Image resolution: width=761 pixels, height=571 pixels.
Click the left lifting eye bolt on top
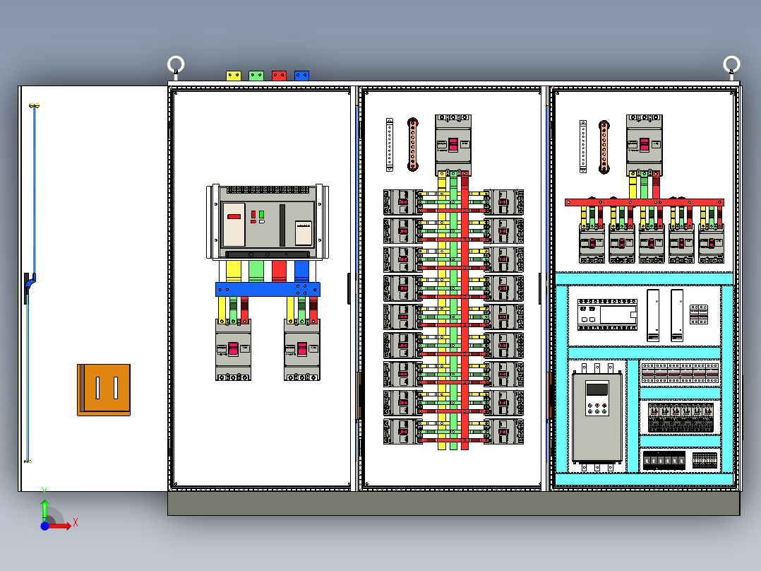pyautogui.click(x=176, y=66)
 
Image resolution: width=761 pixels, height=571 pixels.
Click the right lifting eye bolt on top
pyautogui.click(x=732, y=66)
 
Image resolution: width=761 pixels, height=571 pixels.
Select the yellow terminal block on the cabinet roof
pyautogui.click(x=234, y=75)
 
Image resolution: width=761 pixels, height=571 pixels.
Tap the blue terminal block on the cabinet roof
pyautogui.click(x=301, y=75)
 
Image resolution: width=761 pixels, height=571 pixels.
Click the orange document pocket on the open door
pyautogui.click(x=104, y=389)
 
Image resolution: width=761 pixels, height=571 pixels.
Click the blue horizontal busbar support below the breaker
pyautogui.click(x=268, y=289)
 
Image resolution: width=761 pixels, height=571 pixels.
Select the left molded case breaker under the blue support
pyautogui.click(x=233, y=349)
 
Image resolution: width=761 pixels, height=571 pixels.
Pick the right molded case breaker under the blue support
pyautogui.click(x=301, y=349)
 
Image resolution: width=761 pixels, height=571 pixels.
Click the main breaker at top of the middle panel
pyautogui.click(x=453, y=144)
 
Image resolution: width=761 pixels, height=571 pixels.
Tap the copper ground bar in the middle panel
pyautogui.click(x=413, y=144)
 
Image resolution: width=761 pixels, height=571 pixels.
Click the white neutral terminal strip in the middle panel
pyautogui.click(x=390, y=144)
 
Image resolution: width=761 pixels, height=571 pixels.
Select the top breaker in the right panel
pyautogui.click(x=644, y=144)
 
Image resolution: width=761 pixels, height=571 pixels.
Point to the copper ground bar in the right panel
pyautogui.click(x=604, y=146)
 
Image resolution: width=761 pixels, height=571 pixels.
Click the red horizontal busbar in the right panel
pyautogui.click(x=644, y=202)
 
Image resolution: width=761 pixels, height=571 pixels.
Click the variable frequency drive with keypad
pyautogui.click(x=597, y=417)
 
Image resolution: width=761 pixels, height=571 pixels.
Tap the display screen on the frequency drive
pyautogui.click(x=597, y=389)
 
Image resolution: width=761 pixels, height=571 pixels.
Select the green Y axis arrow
pyautogui.click(x=44, y=507)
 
